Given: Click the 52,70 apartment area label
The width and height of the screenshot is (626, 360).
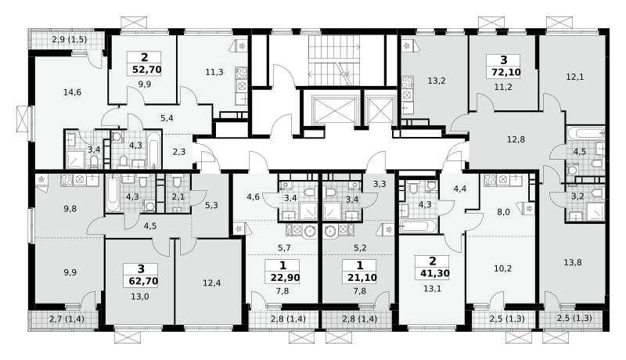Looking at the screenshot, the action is coord(146,70).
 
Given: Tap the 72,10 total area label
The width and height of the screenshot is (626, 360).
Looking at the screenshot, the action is coord(503,73).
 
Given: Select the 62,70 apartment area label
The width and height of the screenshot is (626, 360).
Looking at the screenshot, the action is coord(143,282).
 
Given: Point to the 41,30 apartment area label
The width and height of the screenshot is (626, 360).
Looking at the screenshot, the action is coord(435,273).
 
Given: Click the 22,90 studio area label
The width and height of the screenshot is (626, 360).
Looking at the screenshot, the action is coord(285,278).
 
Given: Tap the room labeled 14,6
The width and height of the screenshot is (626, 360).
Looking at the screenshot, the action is coord(72,92).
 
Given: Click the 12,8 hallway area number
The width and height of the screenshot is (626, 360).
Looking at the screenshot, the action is coord(516,139).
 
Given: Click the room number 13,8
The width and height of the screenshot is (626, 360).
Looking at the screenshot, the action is coord(573,263).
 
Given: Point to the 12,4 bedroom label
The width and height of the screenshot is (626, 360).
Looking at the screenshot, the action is coord(211,283).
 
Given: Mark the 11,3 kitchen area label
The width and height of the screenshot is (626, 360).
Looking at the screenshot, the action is coord(214,72).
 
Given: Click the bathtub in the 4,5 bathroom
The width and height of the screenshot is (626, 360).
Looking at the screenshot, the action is coord(585,133).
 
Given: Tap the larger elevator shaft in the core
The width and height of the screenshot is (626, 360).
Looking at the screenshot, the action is coord(335,110).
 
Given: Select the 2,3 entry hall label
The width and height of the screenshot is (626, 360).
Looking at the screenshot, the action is coord(179,152).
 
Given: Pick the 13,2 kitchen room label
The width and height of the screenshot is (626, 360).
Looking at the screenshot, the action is coord(437,81).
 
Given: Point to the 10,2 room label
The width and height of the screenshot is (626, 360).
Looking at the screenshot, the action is coord(502,268).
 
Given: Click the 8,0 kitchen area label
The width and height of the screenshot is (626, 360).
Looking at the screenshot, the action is coord(503,212).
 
